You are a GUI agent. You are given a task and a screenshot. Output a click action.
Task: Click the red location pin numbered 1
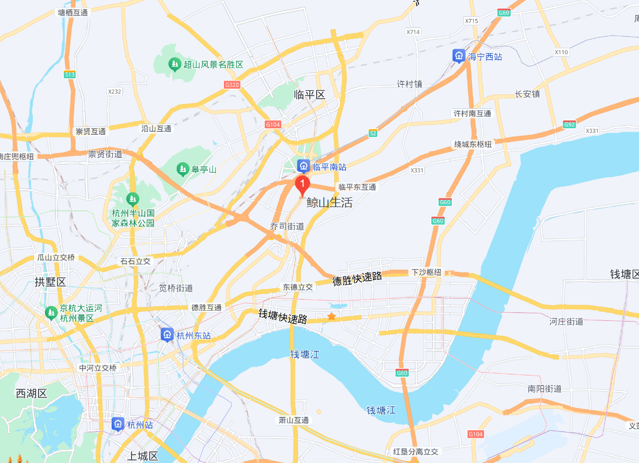click(302, 185)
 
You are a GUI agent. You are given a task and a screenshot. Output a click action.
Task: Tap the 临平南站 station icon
click(303, 167)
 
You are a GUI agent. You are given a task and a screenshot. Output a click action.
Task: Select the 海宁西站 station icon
click(458, 56)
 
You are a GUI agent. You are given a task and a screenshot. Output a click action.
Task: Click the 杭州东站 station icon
click(167, 335)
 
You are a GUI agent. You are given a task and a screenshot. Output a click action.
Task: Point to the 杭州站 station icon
click(118, 424)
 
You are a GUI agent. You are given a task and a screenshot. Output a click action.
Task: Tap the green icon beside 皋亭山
click(182, 169)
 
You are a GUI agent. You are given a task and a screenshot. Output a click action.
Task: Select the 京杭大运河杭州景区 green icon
click(51, 313)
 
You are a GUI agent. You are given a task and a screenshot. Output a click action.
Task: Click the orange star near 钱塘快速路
click(332, 316)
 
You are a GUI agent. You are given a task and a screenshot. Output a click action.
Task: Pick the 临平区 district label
click(309, 94)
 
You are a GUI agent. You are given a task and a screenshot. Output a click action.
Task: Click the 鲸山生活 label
click(329, 202)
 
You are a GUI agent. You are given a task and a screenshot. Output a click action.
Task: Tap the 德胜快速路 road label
click(357, 278)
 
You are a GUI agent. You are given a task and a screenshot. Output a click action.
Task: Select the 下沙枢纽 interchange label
click(426, 272)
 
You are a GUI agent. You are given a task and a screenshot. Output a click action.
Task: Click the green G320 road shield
click(232, 85)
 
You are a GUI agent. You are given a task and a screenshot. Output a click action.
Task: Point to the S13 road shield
click(70, 74)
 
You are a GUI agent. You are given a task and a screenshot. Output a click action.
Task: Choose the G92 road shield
click(569, 124)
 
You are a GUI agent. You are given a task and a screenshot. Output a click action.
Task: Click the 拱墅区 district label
click(51, 282)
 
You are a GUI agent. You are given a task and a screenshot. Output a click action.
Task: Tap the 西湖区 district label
click(31, 393)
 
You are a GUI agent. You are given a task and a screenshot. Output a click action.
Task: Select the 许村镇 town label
click(409, 84)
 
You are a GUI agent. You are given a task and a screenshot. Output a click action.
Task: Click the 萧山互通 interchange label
click(294, 420)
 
